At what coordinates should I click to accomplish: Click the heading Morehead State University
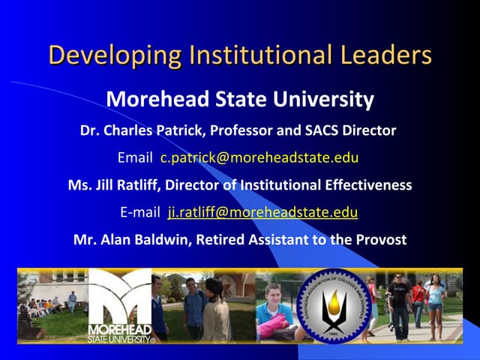(x=239, y=99)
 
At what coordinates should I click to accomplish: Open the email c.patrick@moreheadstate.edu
(x=259, y=157)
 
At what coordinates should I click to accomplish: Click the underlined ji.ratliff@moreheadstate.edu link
(x=262, y=212)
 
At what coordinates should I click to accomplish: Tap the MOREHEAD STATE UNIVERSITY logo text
(x=120, y=332)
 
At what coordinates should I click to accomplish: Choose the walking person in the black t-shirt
(x=398, y=304)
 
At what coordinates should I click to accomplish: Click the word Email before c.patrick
(x=135, y=157)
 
